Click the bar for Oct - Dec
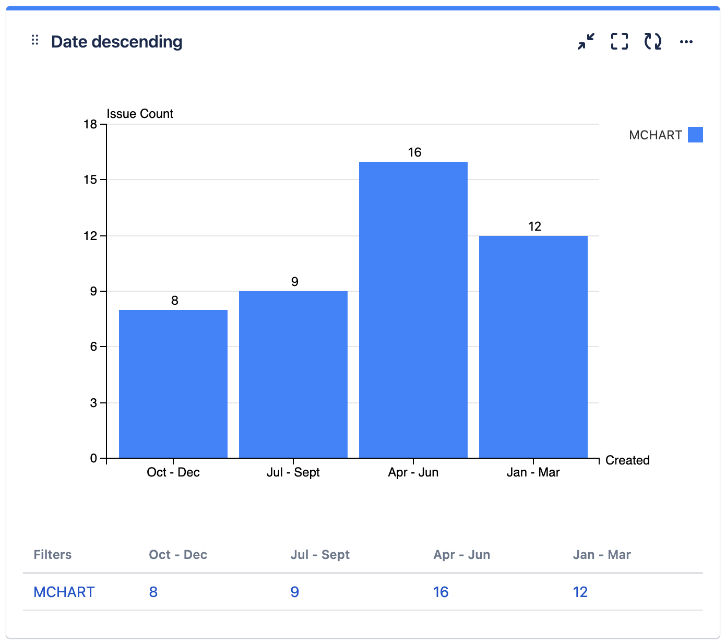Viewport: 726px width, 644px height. coord(173,384)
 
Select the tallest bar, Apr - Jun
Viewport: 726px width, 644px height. coord(413,309)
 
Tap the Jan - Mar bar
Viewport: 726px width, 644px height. coord(533,347)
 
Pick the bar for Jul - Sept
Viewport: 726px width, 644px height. coord(293,374)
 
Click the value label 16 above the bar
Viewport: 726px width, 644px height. coord(414,152)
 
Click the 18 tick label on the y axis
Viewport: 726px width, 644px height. coord(90,124)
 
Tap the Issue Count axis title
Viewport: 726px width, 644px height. coord(140,114)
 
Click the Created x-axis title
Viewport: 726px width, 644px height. coord(627,460)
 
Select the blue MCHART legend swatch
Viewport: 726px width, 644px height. coord(695,135)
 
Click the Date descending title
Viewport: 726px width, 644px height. coord(117,42)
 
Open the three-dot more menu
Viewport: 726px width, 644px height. coord(686,42)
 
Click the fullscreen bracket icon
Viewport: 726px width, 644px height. coord(620,41)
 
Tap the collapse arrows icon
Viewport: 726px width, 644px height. coord(586,41)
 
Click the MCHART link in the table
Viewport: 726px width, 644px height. coord(64,592)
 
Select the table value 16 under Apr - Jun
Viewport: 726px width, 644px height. coord(441,592)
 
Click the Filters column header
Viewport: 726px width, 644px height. coord(53,554)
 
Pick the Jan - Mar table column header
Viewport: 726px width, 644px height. coord(602,554)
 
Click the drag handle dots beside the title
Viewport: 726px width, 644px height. coord(35,40)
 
